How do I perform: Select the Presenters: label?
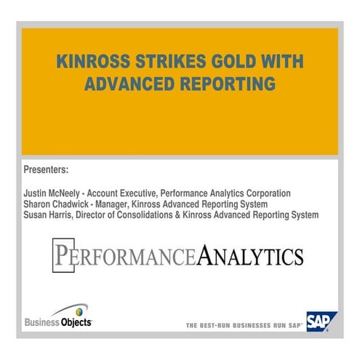pos(46,169)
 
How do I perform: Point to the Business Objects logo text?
pos(58,322)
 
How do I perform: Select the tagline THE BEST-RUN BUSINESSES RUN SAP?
pos(244,325)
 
